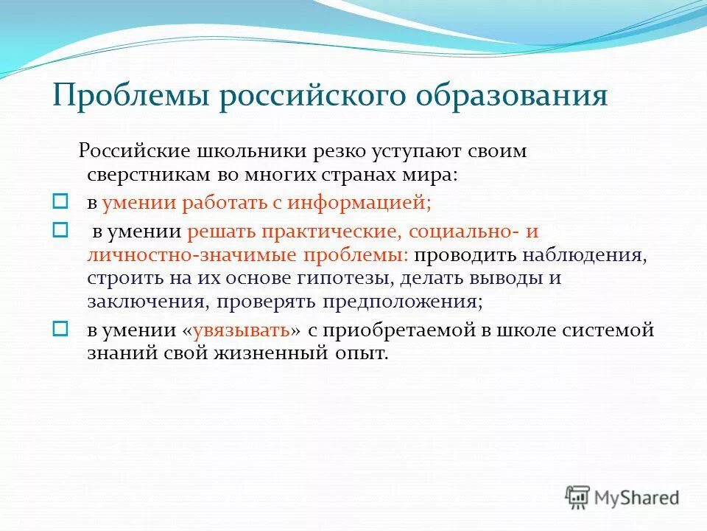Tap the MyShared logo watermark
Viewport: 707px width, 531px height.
coord(623,497)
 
